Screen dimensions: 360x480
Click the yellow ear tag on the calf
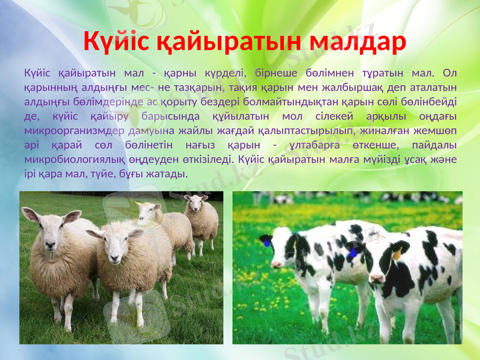[x=397, y=254]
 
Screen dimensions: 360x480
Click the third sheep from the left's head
[x=148, y=212]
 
